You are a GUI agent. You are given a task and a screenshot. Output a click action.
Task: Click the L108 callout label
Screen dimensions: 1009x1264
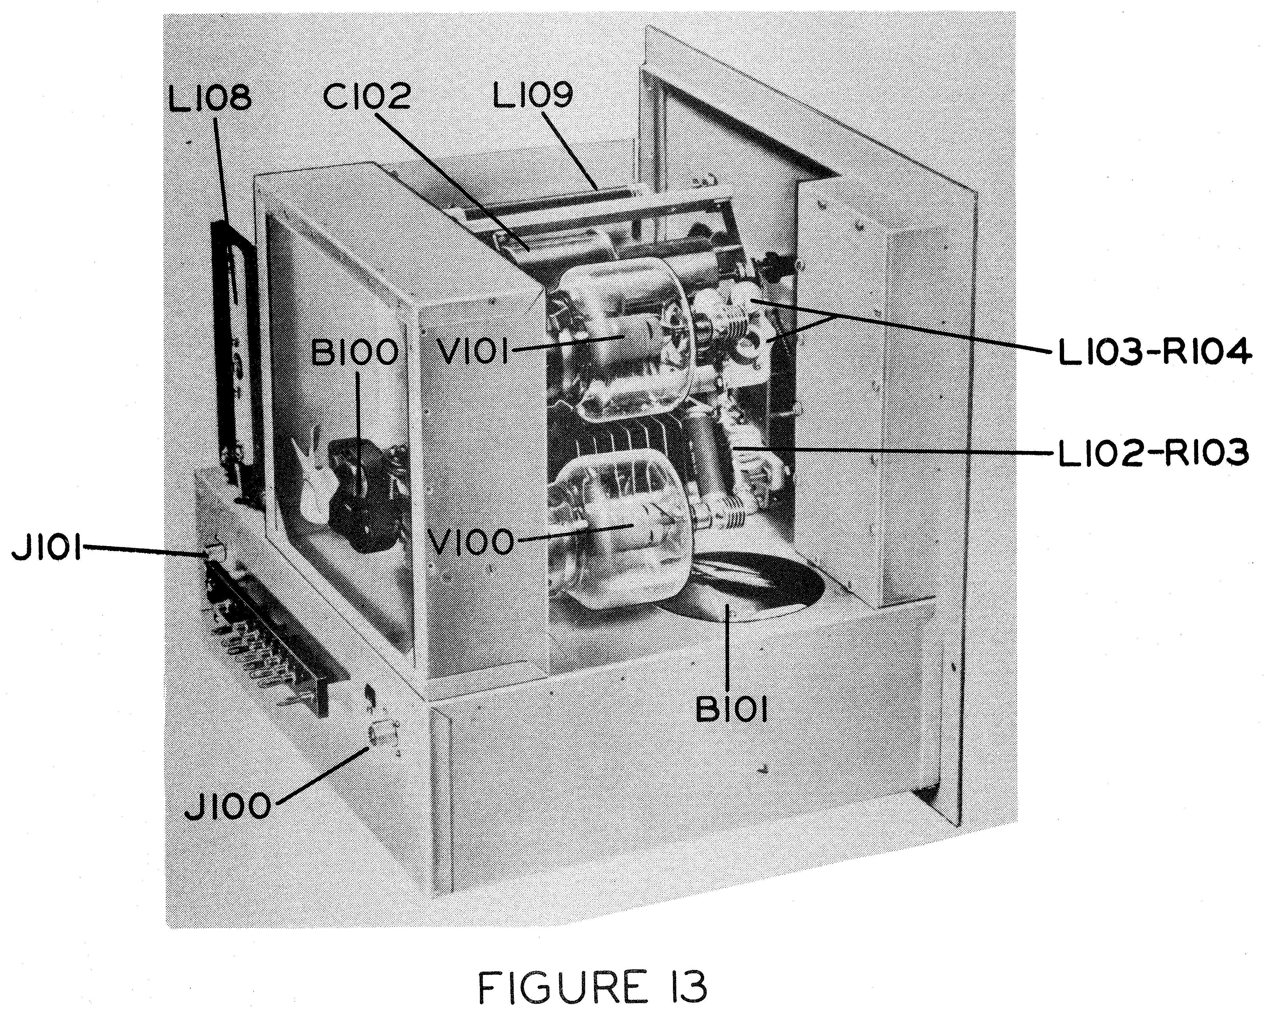209,98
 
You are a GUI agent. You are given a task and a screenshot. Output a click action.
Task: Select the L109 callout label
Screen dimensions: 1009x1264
532,95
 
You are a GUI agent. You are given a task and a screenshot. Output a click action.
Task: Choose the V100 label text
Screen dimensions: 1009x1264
471,542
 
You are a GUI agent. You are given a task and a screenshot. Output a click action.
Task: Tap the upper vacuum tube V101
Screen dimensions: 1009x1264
622,346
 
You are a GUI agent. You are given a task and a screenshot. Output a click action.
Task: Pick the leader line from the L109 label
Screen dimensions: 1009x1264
572,149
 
